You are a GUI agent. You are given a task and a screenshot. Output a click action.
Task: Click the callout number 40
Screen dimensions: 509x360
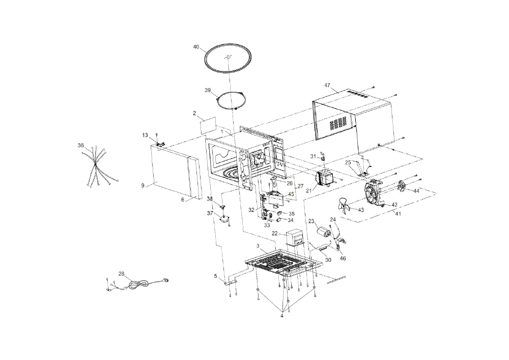click(x=196, y=47)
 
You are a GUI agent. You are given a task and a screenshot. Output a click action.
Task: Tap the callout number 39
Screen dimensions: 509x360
click(x=208, y=90)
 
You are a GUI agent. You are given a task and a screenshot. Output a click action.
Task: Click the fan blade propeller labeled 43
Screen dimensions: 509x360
click(x=344, y=206)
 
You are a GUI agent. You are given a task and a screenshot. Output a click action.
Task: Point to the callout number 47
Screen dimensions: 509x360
click(x=327, y=86)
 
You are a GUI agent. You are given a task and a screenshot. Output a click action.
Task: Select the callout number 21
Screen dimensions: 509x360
click(x=308, y=190)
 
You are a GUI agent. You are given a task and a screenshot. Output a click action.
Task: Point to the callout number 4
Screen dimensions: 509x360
click(x=282, y=316)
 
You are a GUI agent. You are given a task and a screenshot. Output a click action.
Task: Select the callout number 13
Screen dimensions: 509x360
click(x=145, y=135)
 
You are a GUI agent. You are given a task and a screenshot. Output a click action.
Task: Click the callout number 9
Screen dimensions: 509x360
click(x=143, y=186)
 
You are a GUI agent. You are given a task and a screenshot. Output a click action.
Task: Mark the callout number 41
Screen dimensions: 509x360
click(x=398, y=213)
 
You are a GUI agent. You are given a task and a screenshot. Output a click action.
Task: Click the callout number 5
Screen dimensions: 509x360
click(x=215, y=276)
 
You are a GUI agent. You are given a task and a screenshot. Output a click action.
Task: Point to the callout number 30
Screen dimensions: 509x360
click(x=328, y=260)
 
